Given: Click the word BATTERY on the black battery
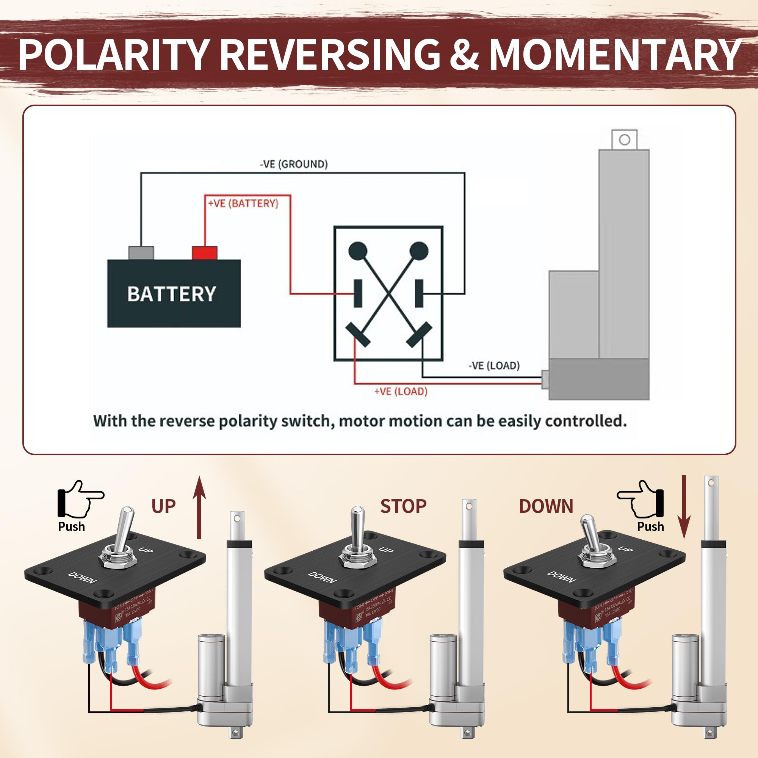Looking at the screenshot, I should [171, 294].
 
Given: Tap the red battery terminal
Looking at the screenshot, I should [204, 253].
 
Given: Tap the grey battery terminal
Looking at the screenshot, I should [141, 253].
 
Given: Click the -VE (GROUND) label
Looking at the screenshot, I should [293, 164].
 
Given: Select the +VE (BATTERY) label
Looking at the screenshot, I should [243, 203].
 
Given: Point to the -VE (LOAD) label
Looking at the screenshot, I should [494, 366].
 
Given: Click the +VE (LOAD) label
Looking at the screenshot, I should [401, 391].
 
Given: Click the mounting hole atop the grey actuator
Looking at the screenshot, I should [625, 140].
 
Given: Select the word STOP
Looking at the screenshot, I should [403, 506].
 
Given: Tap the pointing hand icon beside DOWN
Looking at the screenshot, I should [641, 498].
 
